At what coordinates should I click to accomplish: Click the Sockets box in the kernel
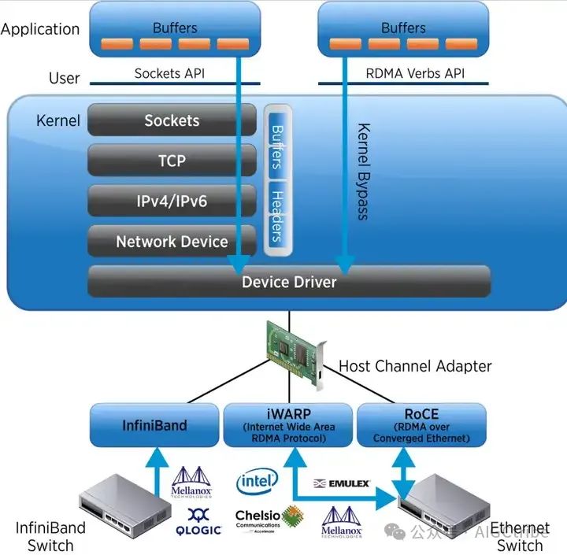pyautogui.click(x=172, y=120)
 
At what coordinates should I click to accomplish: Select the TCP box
pyautogui.click(x=172, y=161)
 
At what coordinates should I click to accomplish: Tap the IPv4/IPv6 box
pyautogui.click(x=172, y=202)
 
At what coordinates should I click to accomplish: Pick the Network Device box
pyautogui.click(x=172, y=242)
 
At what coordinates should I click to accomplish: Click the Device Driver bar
pyautogui.click(x=288, y=282)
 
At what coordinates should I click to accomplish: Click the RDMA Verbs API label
pyautogui.click(x=404, y=73)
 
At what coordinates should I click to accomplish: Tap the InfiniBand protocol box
pyautogui.click(x=154, y=425)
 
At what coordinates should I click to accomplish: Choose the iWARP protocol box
pyautogui.click(x=289, y=425)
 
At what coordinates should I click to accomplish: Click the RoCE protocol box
pyautogui.click(x=421, y=425)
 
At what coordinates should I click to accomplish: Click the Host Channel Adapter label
pyautogui.click(x=415, y=366)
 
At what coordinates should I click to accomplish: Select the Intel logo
pyautogui.click(x=257, y=480)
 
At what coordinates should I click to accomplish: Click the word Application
pyautogui.click(x=40, y=30)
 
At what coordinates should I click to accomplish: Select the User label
pyautogui.click(x=64, y=78)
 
